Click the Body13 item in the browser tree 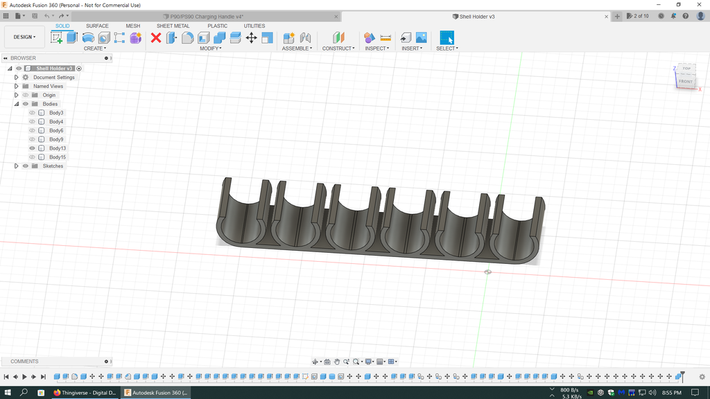(x=58, y=148)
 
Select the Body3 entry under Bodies (x=56, y=113)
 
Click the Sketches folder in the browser (x=53, y=166)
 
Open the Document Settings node (x=53, y=78)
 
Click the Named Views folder (x=48, y=87)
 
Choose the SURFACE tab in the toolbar (x=97, y=26)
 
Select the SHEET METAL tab (x=173, y=26)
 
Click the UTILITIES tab (x=254, y=26)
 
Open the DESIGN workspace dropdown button (x=24, y=37)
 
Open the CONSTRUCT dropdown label (x=338, y=48)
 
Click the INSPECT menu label (x=376, y=48)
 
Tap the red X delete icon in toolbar (x=156, y=37)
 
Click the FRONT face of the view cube (x=685, y=82)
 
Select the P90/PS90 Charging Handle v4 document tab (x=207, y=16)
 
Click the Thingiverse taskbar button (x=85, y=393)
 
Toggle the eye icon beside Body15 (x=32, y=157)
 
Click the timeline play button (x=24, y=377)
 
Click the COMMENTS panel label (x=25, y=362)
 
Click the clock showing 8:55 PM (x=671, y=393)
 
